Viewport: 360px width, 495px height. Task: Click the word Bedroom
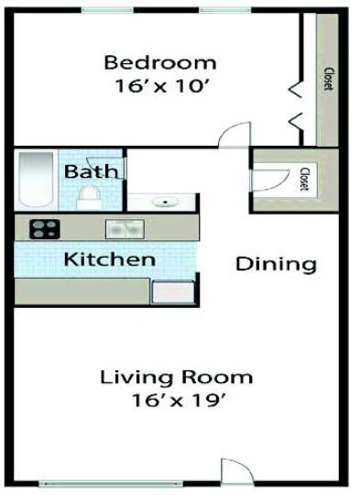point(160,62)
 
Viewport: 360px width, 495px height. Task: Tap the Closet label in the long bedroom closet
point(327,80)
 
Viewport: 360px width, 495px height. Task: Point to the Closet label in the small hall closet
point(304,178)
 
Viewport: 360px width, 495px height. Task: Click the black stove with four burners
point(44,229)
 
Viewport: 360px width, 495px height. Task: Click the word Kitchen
point(109,258)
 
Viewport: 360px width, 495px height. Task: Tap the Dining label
point(276,265)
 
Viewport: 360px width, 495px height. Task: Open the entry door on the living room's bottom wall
point(235,471)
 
